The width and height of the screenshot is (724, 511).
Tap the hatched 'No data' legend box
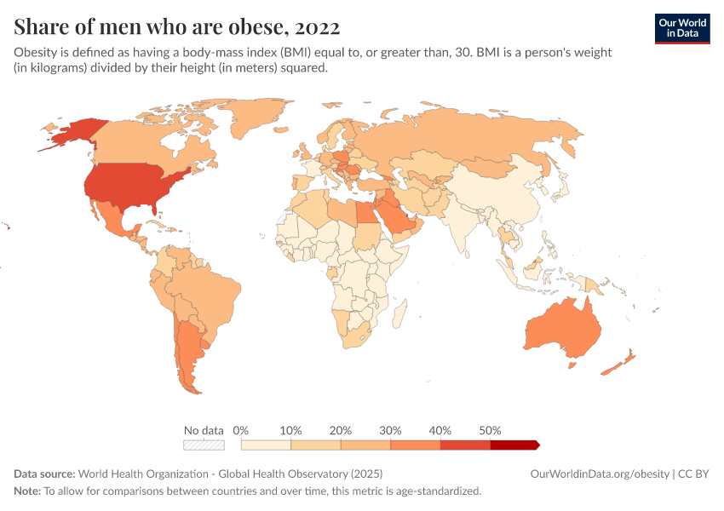[204, 445]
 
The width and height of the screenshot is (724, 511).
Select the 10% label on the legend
[291, 430]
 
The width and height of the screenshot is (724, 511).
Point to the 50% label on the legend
[491, 430]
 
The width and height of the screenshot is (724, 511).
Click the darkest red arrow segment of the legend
[514, 445]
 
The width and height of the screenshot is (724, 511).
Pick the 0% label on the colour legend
[241, 430]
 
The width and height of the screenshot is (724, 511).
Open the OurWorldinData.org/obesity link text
[600, 474]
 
